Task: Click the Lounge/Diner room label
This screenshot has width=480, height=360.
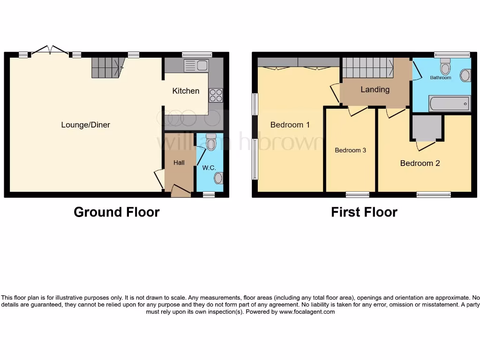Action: (85, 125)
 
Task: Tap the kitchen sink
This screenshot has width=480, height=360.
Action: (196, 66)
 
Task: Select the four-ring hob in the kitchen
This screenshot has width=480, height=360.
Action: (216, 95)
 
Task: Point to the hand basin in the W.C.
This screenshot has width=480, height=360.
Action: (218, 178)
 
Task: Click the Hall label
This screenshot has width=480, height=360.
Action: (179, 163)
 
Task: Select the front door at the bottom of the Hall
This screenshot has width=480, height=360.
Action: (180, 191)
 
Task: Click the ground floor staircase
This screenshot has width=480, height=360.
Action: (107, 67)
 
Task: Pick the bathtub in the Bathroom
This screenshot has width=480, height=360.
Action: (450, 103)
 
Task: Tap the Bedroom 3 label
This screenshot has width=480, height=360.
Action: (350, 150)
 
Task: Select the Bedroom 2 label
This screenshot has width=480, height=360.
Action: (420, 163)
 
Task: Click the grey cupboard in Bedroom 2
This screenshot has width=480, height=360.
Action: (427, 127)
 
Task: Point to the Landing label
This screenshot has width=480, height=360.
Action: (375, 90)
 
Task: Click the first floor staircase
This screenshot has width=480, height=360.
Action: (367, 68)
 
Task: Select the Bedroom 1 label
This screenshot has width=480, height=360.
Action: (290, 125)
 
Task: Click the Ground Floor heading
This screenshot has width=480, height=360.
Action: (117, 212)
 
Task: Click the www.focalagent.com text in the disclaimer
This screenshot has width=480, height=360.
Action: (307, 312)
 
